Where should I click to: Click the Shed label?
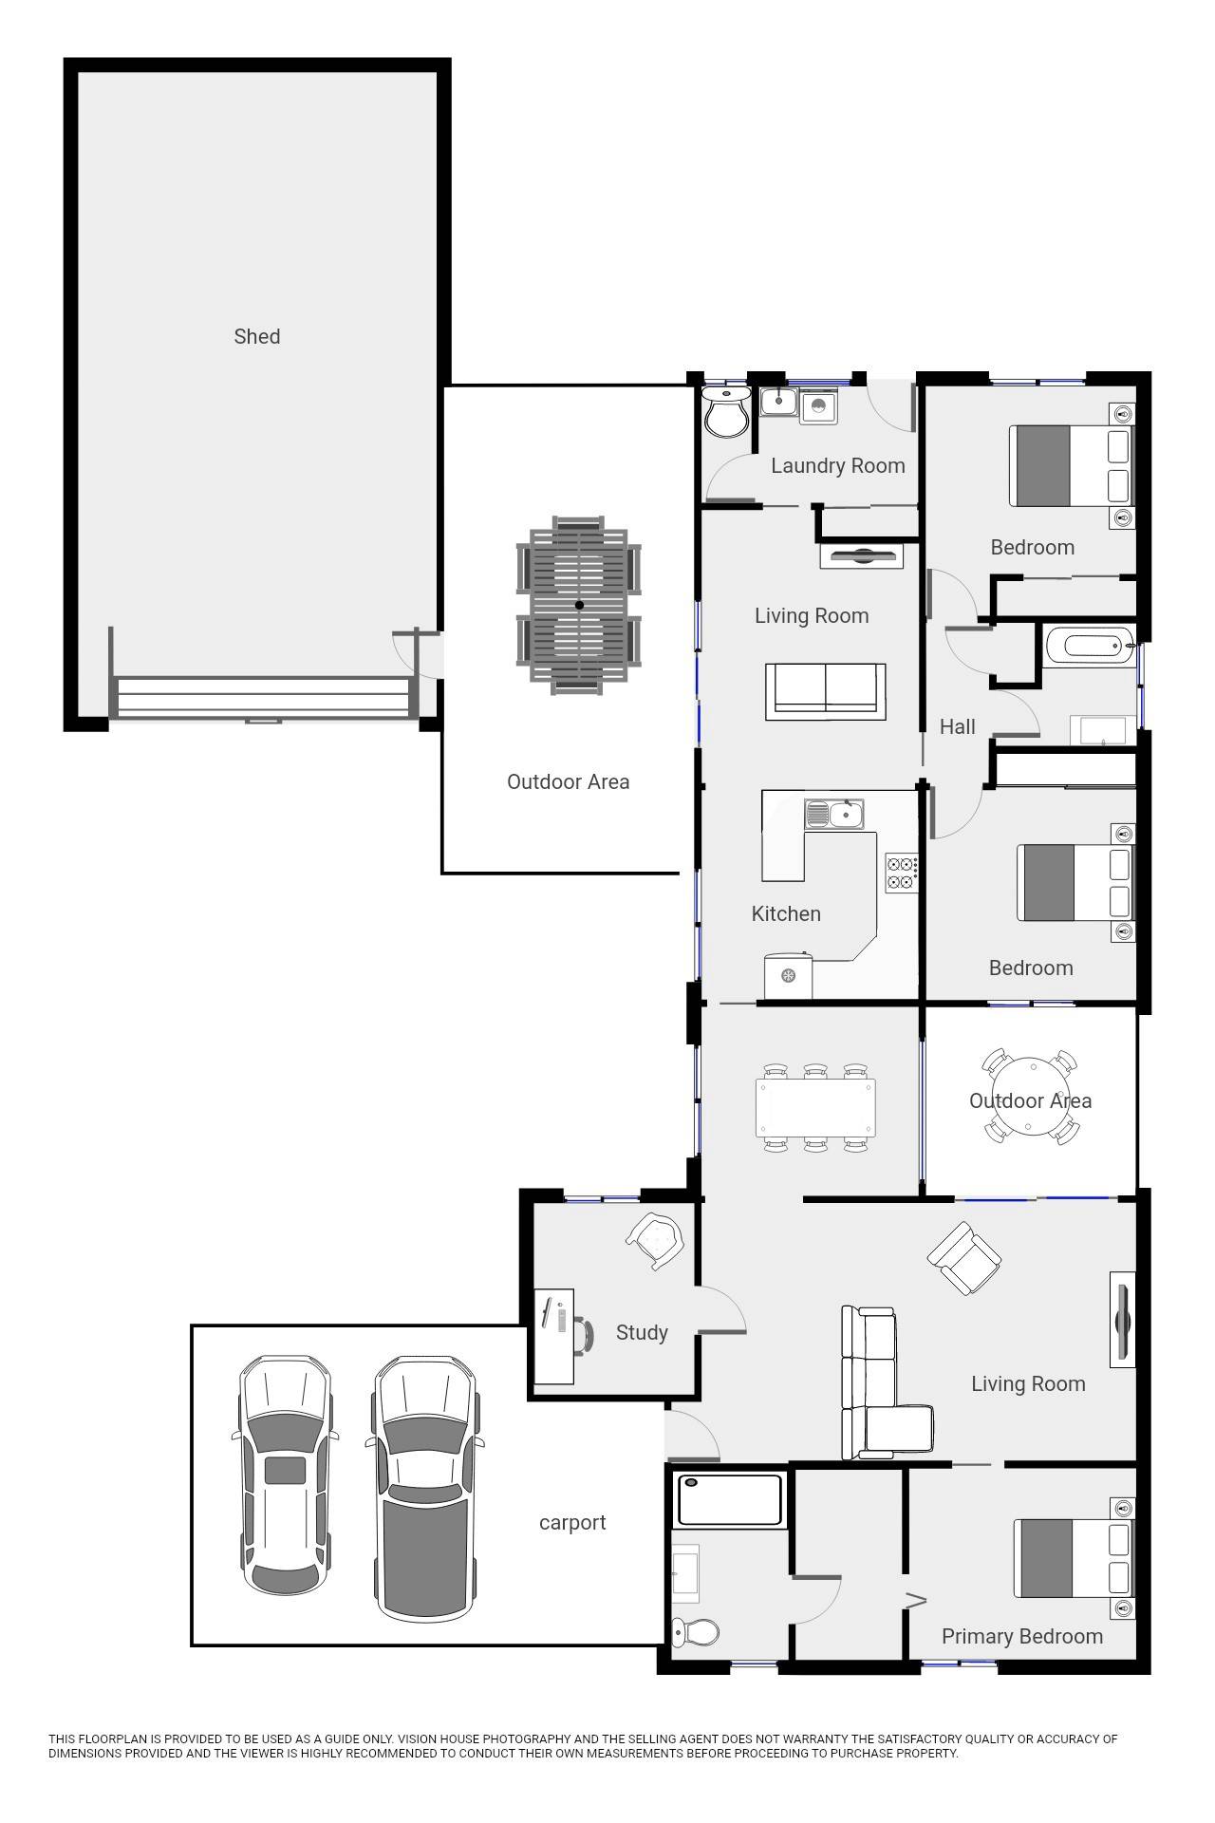[x=256, y=336]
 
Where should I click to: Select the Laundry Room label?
[x=837, y=465]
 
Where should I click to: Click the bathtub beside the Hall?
[x=1090, y=647]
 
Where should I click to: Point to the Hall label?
[x=957, y=726]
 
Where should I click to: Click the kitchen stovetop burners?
[x=902, y=873]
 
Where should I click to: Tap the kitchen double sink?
[x=833, y=814]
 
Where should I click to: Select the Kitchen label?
[x=785, y=913]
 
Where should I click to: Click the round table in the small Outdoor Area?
[x=1030, y=1099]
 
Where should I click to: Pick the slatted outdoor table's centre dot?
[x=579, y=605]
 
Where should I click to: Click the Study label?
[x=642, y=1332]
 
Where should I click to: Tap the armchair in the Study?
[x=656, y=1240]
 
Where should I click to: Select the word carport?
[x=571, y=1522]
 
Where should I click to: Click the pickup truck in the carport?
[x=423, y=1487]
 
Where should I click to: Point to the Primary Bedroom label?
[x=1021, y=1636]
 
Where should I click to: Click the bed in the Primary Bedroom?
[x=1073, y=1558]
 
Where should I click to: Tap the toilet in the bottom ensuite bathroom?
[x=696, y=1632]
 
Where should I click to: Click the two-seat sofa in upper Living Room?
[x=826, y=687]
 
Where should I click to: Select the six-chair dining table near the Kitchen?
[x=815, y=1107]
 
